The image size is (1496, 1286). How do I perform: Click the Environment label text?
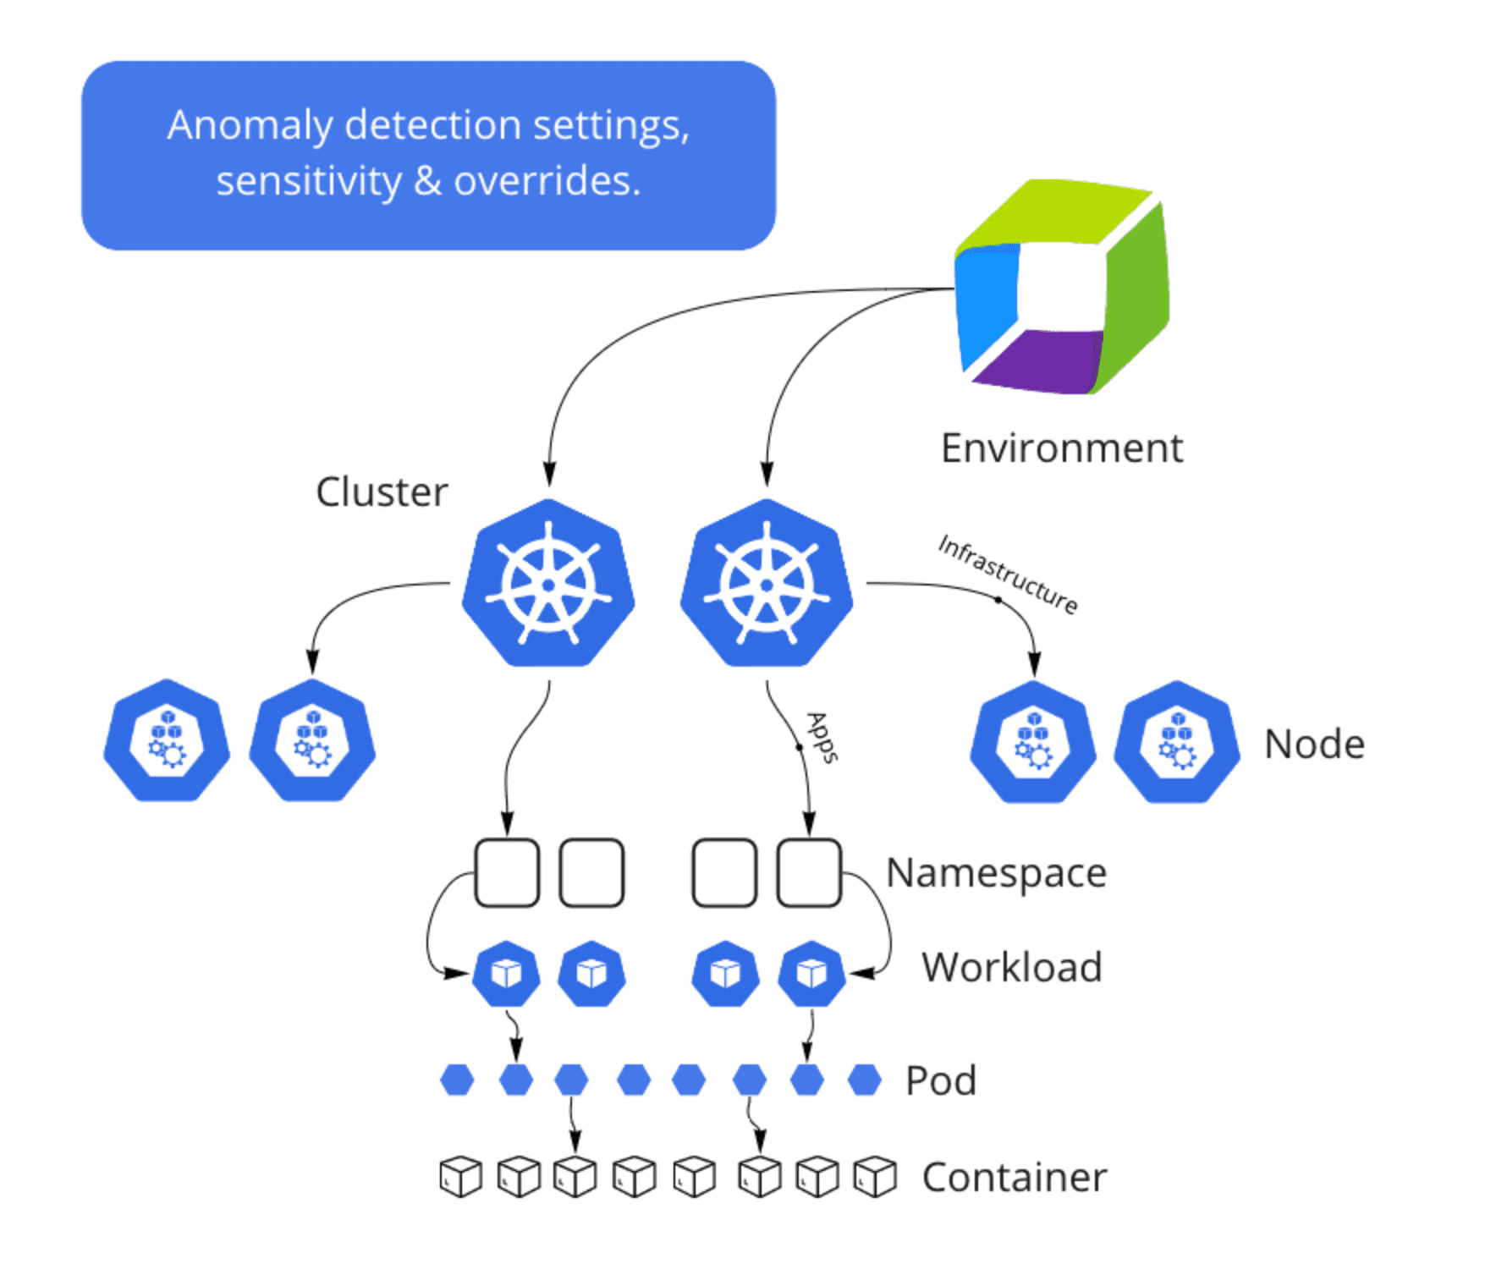click(1061, 448)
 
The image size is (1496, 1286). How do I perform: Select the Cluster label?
click(382, 492)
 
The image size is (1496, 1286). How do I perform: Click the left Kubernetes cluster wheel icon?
click(548, 584)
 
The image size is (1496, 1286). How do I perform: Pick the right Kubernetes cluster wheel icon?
click(767, 584)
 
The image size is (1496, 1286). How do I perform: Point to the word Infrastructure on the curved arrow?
click(1008, 573)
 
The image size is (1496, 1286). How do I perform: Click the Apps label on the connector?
click(822, 737)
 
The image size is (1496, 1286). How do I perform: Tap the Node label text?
click(1313, 745)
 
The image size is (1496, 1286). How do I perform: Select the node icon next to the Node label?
click(1176, 742)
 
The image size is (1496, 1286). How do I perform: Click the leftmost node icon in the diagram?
click(167, 740)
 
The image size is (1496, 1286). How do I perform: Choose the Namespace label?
click(996, 872)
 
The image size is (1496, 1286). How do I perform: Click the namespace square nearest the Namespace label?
click(809, 872)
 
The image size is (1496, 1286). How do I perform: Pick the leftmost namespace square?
click(507, 872)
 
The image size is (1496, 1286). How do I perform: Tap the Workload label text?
click(1011, 967)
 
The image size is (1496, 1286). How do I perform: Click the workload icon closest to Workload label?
click(811, 974)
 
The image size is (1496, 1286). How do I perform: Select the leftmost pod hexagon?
click(457, 1080)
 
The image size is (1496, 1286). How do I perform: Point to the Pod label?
click(940, 1080)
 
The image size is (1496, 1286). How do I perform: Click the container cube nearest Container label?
click(874, 1176)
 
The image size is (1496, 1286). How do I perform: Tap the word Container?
click(1014, 1177)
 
